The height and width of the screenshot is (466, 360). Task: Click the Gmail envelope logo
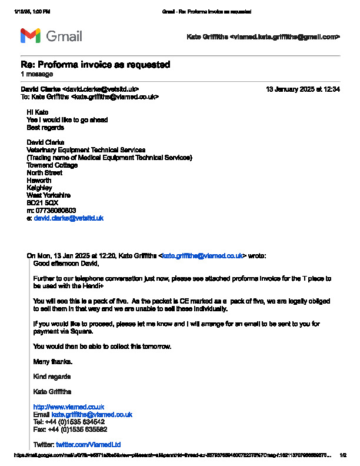pyautogui.click(x=31, y=36)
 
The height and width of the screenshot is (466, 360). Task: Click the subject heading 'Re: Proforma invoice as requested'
pyautogui.click(x=95, y=64)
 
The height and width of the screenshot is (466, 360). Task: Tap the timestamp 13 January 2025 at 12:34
pyautogui.click(x=303, y=89)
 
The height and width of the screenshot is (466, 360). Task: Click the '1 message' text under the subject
pyautogui.click(x=36, y=74)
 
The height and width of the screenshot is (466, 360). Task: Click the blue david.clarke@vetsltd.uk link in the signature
pyautogui.click(x=69, y=218)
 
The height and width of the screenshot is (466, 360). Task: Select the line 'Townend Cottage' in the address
pyautogui.click(x=52, y=165)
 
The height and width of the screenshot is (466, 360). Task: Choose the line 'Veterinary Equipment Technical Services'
pyautogui.click(x=86, y=150)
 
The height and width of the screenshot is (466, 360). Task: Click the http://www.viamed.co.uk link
pyautogui.click(x=69, y=407)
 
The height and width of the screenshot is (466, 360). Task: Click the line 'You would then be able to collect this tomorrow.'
pyautogui.click(x=102, y=347)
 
